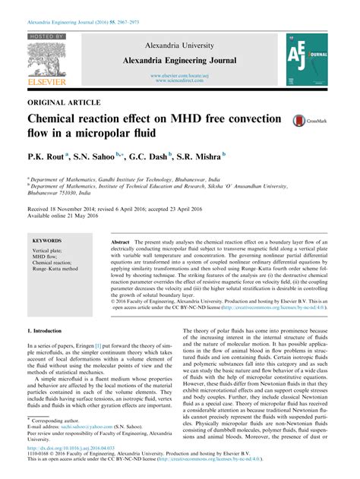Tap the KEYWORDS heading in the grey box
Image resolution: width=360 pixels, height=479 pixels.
point(47,241)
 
